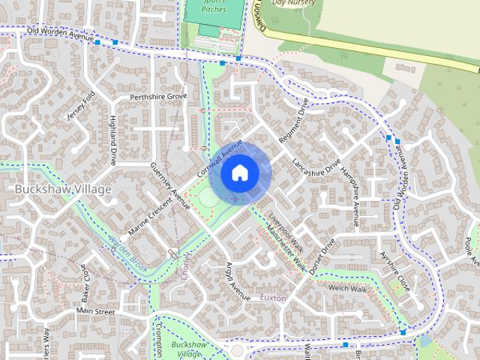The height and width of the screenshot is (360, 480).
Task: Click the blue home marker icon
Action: [x=239, y=173]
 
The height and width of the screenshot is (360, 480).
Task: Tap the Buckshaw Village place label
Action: [x=63, y=189]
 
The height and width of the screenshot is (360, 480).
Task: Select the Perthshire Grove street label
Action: [x=158, y=97]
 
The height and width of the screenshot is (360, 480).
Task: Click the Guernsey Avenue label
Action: [x=170, y=184]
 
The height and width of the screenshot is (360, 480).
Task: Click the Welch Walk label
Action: [x=347, y=289]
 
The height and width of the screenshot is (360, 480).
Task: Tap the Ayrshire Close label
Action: [x=395, y=271]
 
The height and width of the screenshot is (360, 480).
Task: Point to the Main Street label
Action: [x=94, y=310]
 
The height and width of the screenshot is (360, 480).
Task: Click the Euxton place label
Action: [x=273, y=298]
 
